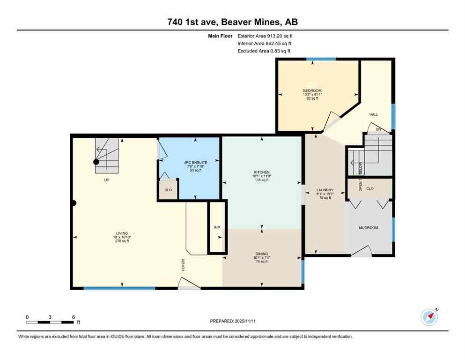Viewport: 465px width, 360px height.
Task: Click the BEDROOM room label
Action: tap(312, 90)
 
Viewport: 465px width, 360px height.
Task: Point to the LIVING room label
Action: tap(122, 233)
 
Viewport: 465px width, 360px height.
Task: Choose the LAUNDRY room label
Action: tap(324, 190)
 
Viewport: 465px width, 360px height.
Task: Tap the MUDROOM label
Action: tap(368, 228)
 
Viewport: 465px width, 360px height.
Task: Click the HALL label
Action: tap(374, 114)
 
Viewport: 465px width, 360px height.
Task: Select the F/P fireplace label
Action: tap(217, 228)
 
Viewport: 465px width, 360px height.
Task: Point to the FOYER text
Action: tap(184, 265)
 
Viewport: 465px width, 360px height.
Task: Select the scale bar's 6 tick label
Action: tap(74, 317)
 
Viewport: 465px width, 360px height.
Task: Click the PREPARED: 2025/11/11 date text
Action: tap(232, 321)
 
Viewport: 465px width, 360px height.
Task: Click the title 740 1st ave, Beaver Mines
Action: tap(232, 22)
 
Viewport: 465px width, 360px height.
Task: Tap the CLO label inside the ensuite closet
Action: tap(168, 190)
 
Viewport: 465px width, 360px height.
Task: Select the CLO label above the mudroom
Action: tap(370, 188)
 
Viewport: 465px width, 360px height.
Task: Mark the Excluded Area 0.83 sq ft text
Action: tap(264, 51)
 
